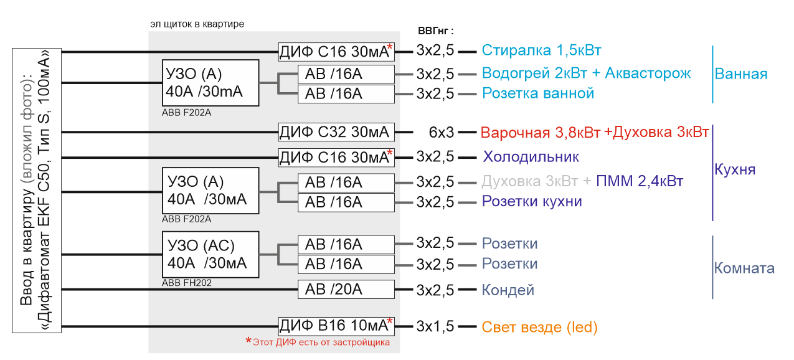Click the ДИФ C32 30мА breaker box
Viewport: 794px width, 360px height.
pyautogui.click(x=336, y=132)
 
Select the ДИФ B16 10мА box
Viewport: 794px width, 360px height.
pyautogui.click(x=336, y=326)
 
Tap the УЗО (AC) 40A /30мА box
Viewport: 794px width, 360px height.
pyautogui.click(x=210, y=254)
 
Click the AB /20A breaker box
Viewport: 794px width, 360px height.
pyautogui.click(x=346, y=290)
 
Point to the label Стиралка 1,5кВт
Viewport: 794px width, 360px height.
pyautogui.click(x=541, y=50)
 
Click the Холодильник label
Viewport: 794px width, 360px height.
pyautogui.click(x=531, y=157)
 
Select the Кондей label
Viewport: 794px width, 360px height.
pyautogui.click(x=508, y=290)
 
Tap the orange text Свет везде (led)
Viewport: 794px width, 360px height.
pyautogui.click(x=539, y=327)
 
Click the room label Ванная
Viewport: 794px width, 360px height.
pyautogui.click(x=741, y=73)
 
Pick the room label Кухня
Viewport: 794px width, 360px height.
pyautogui.click(x=735, y=169)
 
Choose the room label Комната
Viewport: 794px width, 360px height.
pyautogui.click(x=744, y=268)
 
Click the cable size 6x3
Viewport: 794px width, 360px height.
pyautogui.click(x=442, y=132)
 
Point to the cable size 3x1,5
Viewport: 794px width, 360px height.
pyautogui.click(x=435, y=326)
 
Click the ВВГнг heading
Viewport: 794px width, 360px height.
pyautogui.click(x=436, y=31)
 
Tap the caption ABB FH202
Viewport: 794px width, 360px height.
pyautogui.click(x=186, y=283)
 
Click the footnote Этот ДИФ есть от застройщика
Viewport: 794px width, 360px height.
pyautogui.click(x=321, y=343)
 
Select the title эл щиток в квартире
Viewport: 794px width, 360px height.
pyautogui.click(x=197, y=24)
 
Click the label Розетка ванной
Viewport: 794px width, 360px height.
pyautogui.click(x=538, y=93)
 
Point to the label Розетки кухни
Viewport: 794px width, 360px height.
pyautogui.click(x=532, y=201)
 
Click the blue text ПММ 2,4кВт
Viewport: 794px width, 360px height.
pyautogui.click(x=640, y=181)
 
